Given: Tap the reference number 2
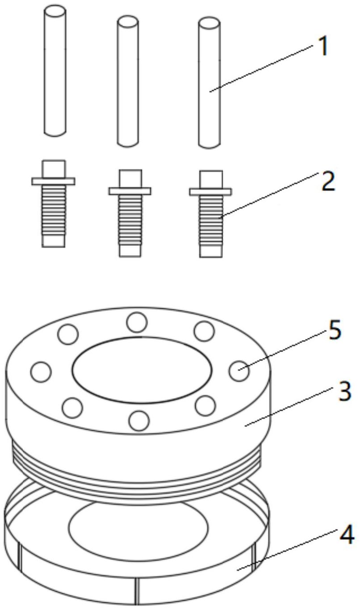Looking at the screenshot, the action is [x=329, y=182].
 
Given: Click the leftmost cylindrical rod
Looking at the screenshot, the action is [x=55, y=72].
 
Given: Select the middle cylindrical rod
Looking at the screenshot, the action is [x=127, y=80].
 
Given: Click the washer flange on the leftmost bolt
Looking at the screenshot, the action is [x=53, y=181].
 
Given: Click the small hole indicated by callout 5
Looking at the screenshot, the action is [x=239, y=370].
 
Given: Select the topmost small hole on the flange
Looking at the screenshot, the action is [x=137, y=323].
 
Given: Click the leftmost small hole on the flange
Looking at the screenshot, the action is [x=41, y=372].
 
